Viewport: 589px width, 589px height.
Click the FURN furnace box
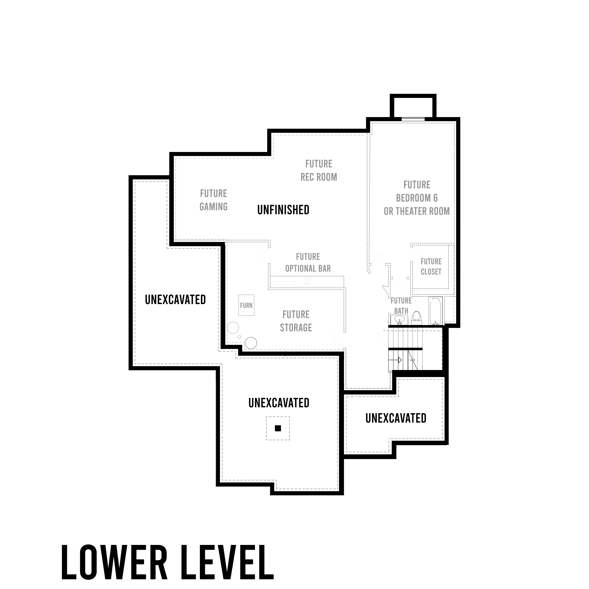tap(246, 305)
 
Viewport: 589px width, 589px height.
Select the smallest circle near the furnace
tap(239, 337)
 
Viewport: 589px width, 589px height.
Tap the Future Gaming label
tap(213, 200)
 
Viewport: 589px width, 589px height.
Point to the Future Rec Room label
tap(319, 170)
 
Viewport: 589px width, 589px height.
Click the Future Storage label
tap(296, 321)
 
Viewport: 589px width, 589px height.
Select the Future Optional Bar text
tap(308, 263)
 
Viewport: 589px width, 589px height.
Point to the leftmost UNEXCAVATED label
tap(175, 300)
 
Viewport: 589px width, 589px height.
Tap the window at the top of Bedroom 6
tap(413, 119)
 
